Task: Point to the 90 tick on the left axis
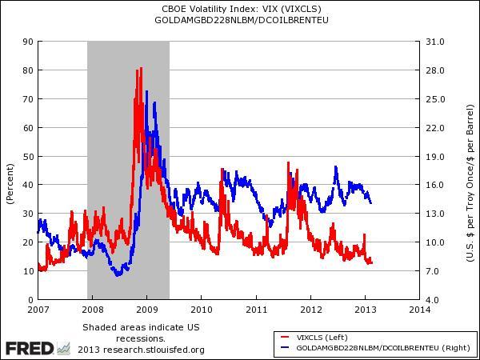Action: [x=28, y=41]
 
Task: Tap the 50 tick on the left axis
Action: [x=28, y=156]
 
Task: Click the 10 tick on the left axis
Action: [x=28, y=271]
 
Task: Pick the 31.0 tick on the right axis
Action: [x=435, y=41]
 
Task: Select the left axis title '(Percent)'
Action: [x=10, y=183]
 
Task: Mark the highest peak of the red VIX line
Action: [x=142, y=69]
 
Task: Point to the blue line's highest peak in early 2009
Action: [x=146, y=103]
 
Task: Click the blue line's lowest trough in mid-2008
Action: [x=118, y=275]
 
